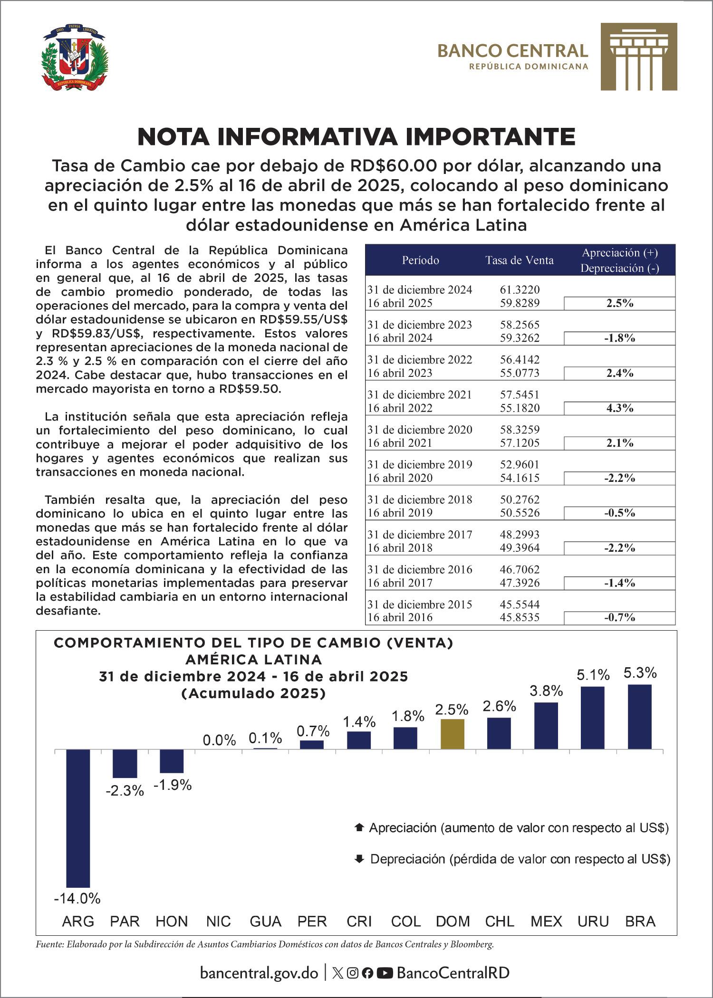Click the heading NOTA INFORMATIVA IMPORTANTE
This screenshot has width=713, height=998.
click(x=356, y=137)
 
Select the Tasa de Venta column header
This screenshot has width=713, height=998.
click(x=519, y=260)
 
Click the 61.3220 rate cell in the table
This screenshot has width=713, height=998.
click(x=520, y=289)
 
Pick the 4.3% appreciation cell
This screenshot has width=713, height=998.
click(x=619, y=408)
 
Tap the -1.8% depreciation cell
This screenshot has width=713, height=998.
click(x=619, y=338)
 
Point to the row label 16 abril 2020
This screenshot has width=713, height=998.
click(x=400, y=478)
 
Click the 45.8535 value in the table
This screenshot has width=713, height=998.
click(x=520, y=617)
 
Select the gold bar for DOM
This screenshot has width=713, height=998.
click(x=453, y=734)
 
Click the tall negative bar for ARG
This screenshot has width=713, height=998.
click(x=77, y=818)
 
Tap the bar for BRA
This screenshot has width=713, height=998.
click(x=640, y=717)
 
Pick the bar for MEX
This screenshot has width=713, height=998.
click(x=546, y=726)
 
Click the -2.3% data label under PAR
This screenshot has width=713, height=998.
click(x=125, y=791)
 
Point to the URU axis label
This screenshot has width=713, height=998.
click(x=593, y=921)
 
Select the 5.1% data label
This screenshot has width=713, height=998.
click(x=593, y=674)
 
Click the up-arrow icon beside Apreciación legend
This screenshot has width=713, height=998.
click(x=359, y=827)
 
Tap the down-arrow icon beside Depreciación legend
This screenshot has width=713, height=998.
click(x=359, y=859)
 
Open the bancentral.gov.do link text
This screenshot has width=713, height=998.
click(x=259, y=973)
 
